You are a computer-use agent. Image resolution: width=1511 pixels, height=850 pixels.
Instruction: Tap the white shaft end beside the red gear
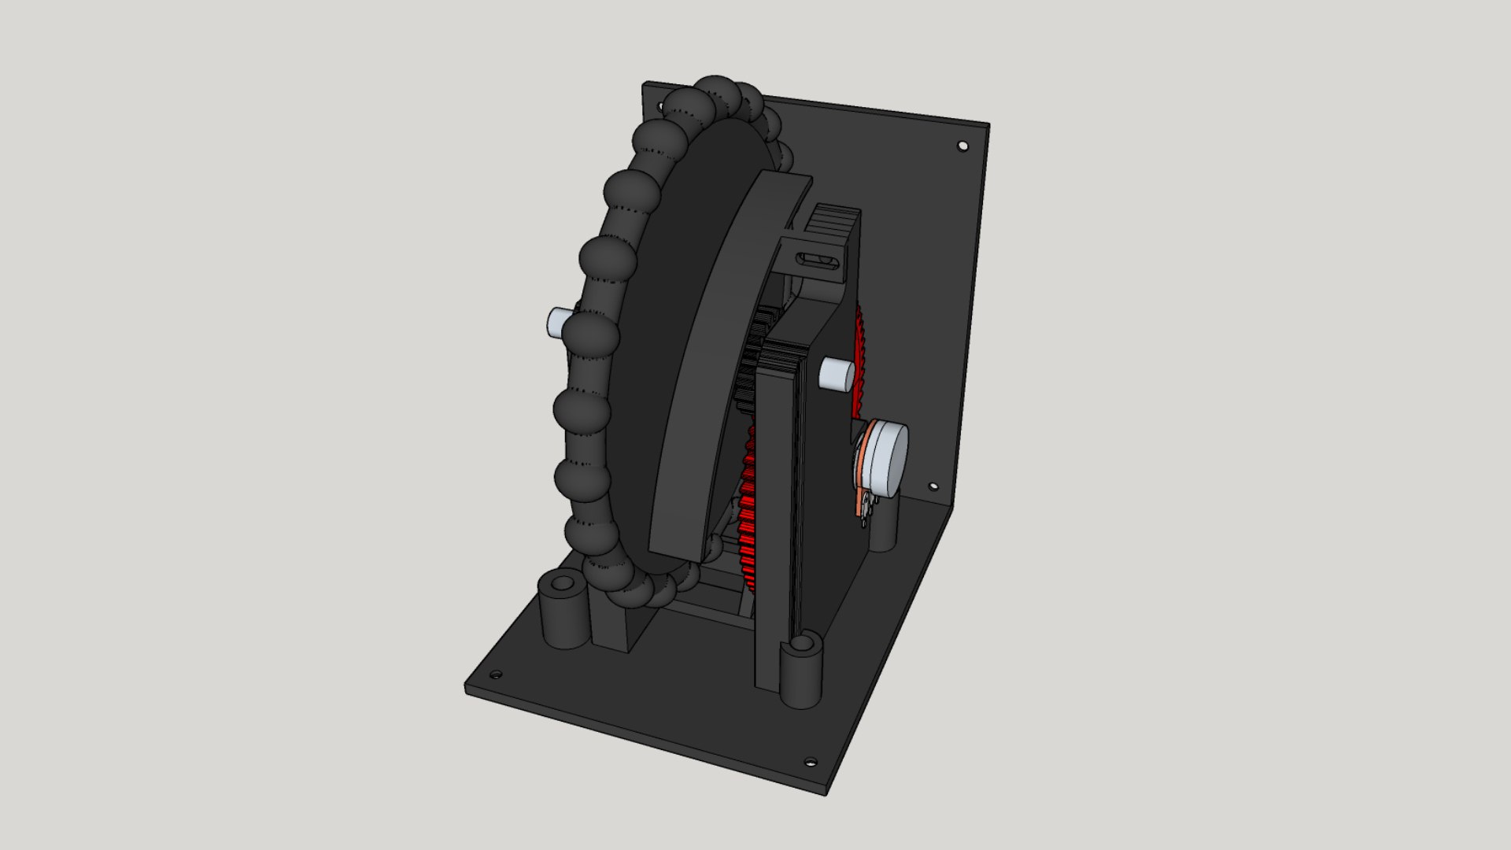836,374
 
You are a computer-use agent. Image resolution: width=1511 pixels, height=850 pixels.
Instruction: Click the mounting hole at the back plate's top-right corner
962,146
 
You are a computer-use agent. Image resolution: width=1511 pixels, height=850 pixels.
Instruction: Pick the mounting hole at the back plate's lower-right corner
934,488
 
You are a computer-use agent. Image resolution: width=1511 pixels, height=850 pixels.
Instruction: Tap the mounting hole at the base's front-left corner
495,675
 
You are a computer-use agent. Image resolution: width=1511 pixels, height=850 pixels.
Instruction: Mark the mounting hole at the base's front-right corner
810,762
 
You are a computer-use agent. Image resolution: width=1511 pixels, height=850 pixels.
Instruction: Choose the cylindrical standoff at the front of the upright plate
801,673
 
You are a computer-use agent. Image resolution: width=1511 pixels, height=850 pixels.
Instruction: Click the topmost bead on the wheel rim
716,94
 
